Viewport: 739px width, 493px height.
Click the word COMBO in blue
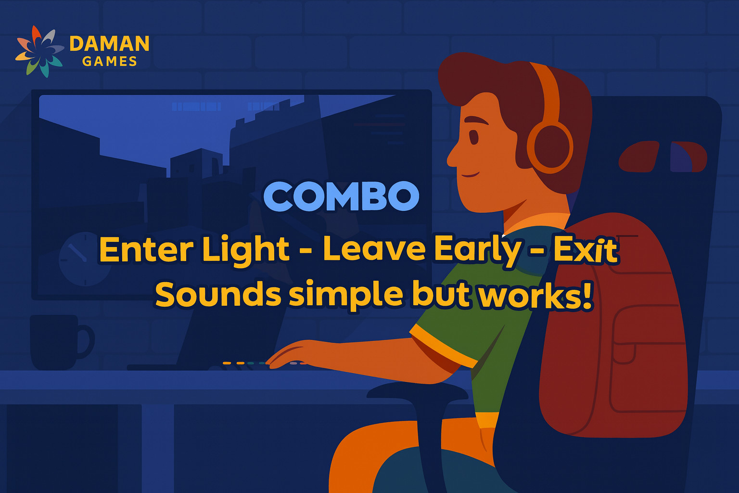342,196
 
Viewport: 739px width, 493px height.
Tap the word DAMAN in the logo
110,44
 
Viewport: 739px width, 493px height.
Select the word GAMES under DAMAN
110,62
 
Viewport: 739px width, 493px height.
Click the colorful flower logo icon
39,51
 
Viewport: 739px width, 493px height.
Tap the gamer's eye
474,137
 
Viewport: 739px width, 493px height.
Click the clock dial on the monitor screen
85,259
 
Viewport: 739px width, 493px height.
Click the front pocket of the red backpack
647,358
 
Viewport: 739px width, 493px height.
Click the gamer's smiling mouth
470,174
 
